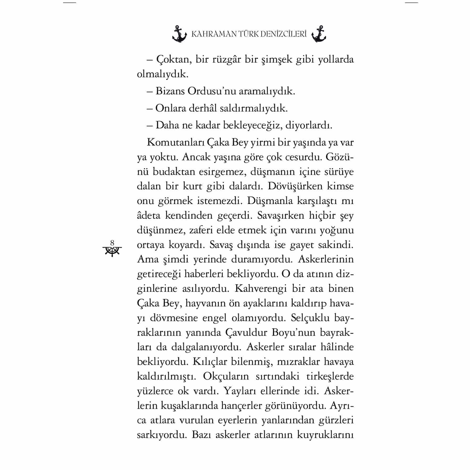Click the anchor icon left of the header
[180, 34]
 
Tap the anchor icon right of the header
[318, 34]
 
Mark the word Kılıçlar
[210, 362]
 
